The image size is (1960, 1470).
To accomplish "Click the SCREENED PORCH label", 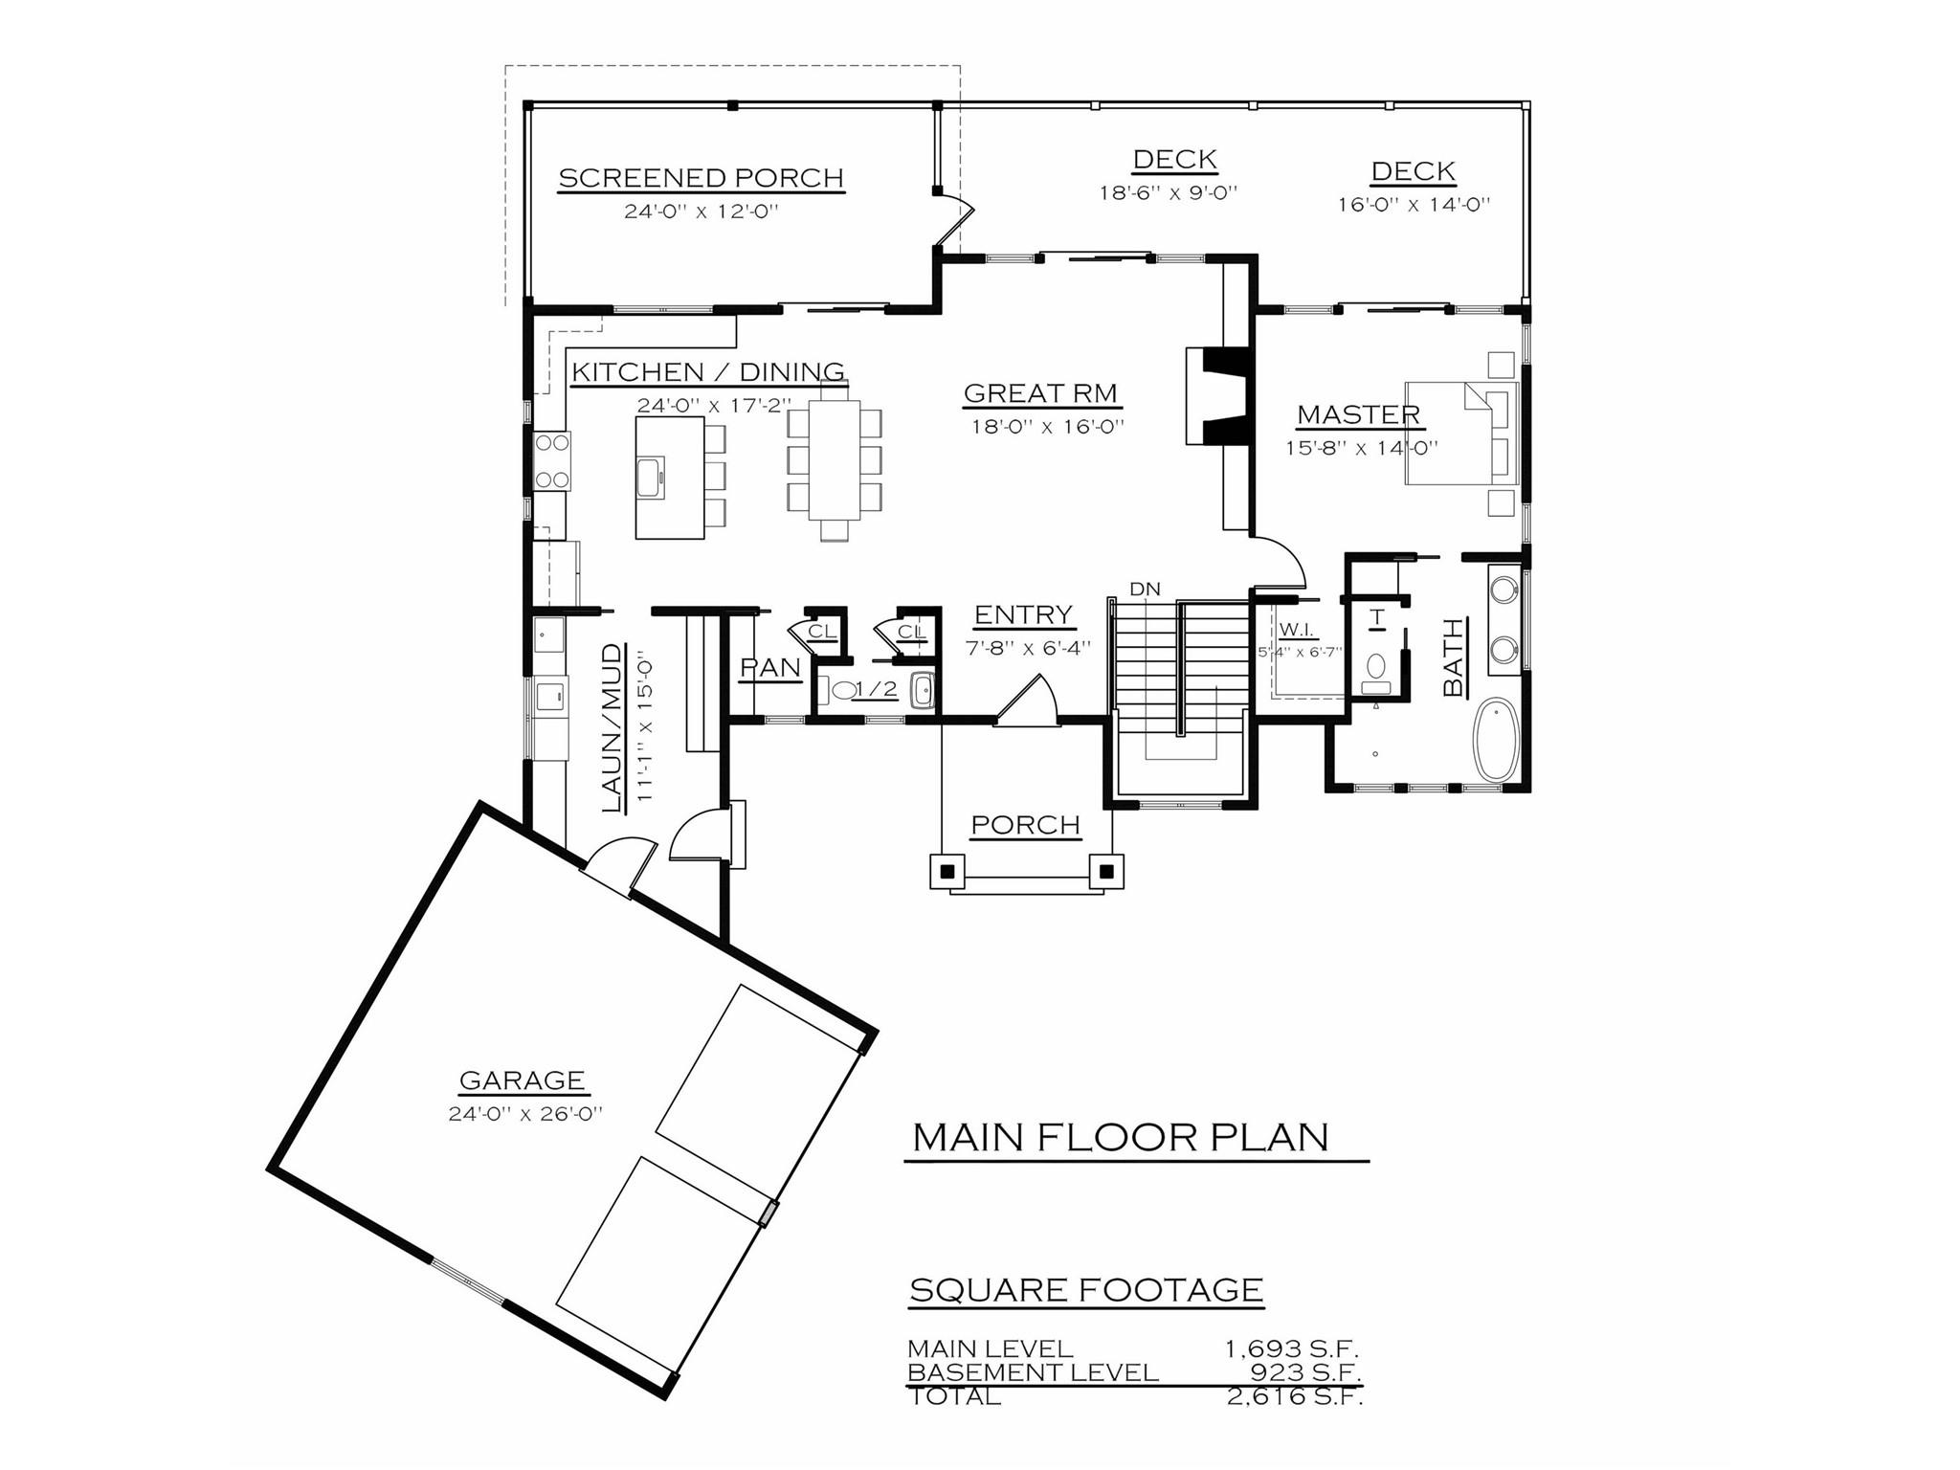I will (701, 179).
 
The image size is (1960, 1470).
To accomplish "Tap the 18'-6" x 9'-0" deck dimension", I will (1168, 193).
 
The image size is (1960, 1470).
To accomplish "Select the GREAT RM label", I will (1040, 393).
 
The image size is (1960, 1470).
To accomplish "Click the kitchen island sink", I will (651, 477).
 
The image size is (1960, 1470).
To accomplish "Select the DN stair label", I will (1145, 590).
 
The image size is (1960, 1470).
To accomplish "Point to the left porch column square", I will (947, 872).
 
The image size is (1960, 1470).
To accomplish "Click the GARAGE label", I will (522, 1080).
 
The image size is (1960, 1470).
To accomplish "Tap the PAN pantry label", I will (770, 668).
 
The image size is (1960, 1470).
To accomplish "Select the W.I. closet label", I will (1295, 631).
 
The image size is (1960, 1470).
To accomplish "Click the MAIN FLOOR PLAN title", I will (1121, 1138).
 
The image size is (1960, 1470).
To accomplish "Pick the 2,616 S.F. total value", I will (1294, 1396).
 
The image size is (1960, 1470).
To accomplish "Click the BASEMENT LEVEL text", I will (1033, 1372).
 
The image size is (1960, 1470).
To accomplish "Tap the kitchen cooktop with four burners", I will (552, 461).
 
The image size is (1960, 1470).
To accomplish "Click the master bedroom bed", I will (1459, 433).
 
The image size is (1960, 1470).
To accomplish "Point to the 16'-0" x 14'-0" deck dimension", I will (1414, 205).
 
